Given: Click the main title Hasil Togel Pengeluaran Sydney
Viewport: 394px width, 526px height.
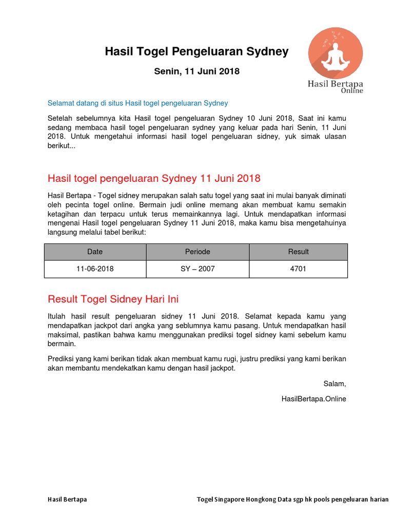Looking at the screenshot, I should coord(196,51).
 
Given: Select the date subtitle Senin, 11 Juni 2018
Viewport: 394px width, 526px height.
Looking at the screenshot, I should coord(196,71).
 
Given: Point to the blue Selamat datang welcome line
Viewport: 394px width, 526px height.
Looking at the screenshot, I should coord(137,103).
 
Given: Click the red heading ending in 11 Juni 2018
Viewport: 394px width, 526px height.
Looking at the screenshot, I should coord(154,178).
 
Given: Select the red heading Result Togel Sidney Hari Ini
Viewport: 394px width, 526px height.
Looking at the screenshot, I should coord(113,299).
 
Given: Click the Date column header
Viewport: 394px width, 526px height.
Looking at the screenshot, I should coord(95,252).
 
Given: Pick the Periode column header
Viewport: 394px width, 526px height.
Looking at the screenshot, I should coord(198,252).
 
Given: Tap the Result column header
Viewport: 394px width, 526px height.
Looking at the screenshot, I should coord(298,252).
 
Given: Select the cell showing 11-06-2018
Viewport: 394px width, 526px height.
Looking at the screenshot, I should coord(95,269).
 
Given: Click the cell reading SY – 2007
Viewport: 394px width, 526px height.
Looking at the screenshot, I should coord(198,269).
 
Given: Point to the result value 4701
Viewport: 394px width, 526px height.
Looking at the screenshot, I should coord(298,269).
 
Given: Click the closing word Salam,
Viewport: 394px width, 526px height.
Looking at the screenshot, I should coord(334,384).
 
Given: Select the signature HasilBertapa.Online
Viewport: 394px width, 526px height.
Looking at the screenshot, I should coord(313,399).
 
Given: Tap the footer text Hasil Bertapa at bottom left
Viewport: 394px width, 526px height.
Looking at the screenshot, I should coord(67,499).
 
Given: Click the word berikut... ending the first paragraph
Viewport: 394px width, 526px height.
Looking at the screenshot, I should coord(61,146).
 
